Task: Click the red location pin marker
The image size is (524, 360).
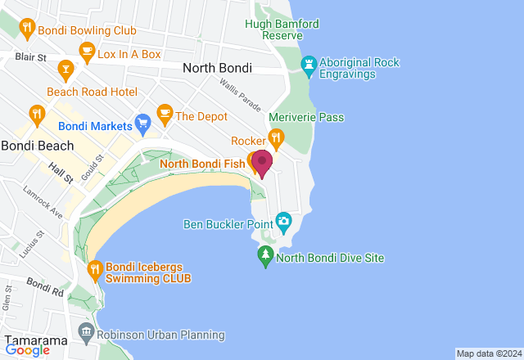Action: point(262,161)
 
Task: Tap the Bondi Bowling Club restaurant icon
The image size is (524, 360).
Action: point(28,29)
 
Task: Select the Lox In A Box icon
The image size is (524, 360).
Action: point(86,52)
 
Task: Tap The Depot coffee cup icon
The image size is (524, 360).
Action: point(164,115)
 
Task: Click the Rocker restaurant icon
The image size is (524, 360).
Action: point(277,140)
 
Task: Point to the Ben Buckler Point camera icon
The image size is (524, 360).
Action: point(283,221)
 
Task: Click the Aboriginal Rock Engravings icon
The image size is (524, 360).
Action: point(309,65)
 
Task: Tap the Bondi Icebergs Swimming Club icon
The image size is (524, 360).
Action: point(94,268)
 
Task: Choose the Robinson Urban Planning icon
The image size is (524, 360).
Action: point(86,332)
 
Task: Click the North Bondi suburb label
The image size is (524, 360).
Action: point(217,69)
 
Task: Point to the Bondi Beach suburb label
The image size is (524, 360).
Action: point(38,146)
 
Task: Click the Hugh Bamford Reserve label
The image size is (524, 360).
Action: point(282,30)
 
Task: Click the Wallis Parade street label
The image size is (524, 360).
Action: point(240,96)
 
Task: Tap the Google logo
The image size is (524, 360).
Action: point(27,350)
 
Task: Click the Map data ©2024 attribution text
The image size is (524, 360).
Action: point(488,353)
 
